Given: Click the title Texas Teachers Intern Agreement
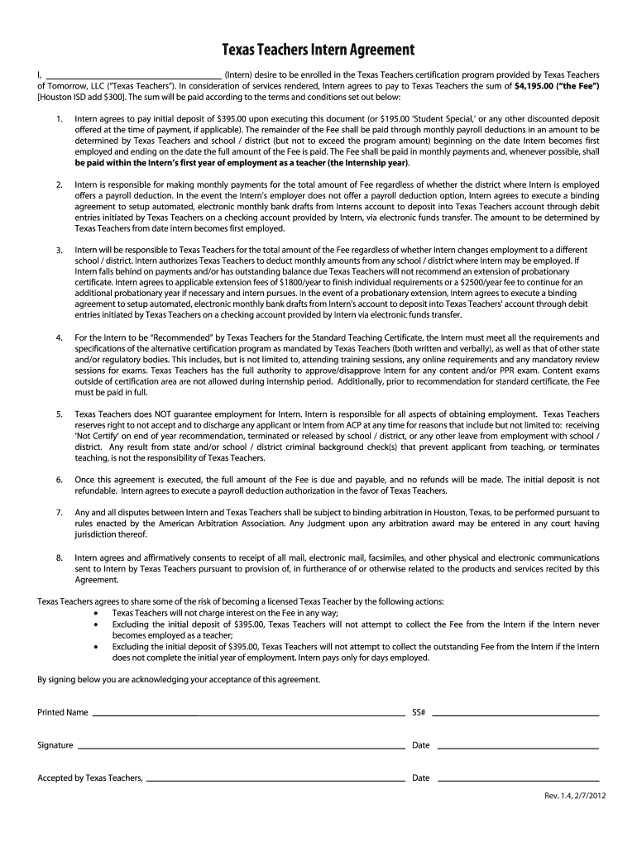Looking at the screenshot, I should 318,50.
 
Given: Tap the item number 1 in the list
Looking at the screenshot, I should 60,119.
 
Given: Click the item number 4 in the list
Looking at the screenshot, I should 60,338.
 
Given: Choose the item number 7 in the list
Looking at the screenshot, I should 60,513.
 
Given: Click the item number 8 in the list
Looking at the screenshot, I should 60,557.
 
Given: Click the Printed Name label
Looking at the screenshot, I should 63,712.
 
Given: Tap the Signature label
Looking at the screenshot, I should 55,745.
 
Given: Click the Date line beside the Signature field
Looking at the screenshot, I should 516,747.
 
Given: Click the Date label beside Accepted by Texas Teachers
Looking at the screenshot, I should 421,778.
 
